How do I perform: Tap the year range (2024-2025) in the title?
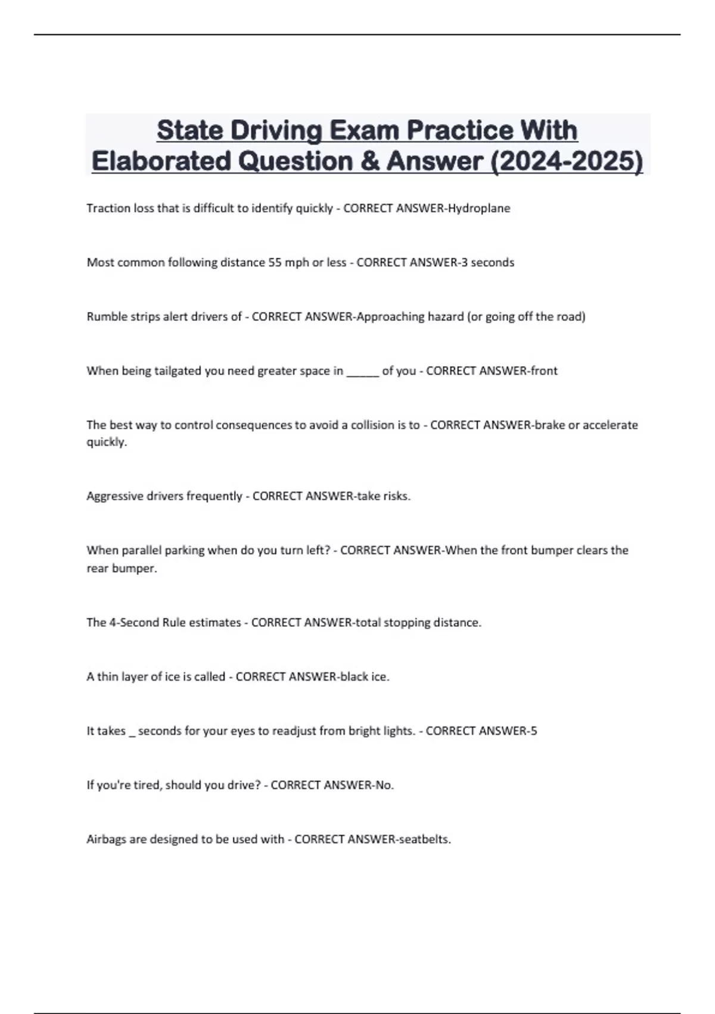tap(567, 161)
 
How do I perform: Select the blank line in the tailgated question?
tap(362, 372)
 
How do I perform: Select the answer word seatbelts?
tap(424, 840)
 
